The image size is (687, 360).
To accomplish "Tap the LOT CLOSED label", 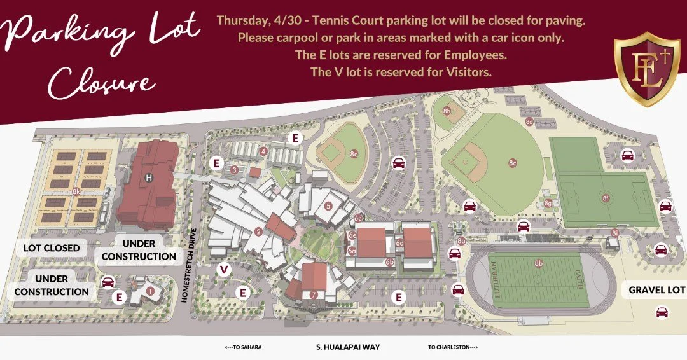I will [x=52, y=247].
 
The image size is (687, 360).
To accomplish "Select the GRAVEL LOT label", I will [x=656, y=289].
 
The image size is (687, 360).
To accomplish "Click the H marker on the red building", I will [x=149, y=177].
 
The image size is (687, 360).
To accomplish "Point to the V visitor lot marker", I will [x=223, y=270].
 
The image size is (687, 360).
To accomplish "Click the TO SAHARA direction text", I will [x=243, y=347].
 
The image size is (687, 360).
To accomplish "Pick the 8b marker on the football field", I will [x=539, y=263].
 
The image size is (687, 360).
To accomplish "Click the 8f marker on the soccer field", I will [x=606, y=198].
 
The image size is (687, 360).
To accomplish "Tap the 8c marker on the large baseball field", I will [x=512, y=163].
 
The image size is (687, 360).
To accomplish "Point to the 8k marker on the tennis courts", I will [x=76, y=191].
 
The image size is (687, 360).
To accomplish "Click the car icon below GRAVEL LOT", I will [x=662, y=312].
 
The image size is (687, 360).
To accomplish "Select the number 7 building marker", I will [x=314, y=294].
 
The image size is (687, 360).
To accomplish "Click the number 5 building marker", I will [x=328, y=205].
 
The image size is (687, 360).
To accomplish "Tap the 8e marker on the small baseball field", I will [x=354, y=153].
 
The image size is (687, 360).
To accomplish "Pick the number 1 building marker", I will [x=150, y=291].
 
